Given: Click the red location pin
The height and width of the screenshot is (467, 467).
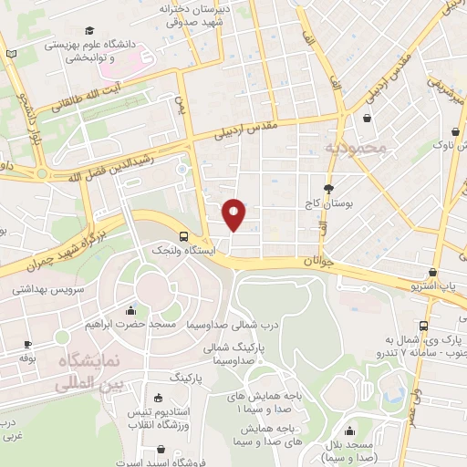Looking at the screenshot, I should point(233,213).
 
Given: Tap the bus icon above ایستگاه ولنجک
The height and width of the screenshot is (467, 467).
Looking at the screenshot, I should point(185,234).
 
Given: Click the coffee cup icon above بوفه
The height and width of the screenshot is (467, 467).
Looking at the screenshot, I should point(27,344).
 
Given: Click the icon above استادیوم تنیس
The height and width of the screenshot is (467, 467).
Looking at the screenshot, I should point(161,399).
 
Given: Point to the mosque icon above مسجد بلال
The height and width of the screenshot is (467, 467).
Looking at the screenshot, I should point(353,431).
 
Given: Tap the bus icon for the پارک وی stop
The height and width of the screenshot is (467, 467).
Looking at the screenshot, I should point(423,326).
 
